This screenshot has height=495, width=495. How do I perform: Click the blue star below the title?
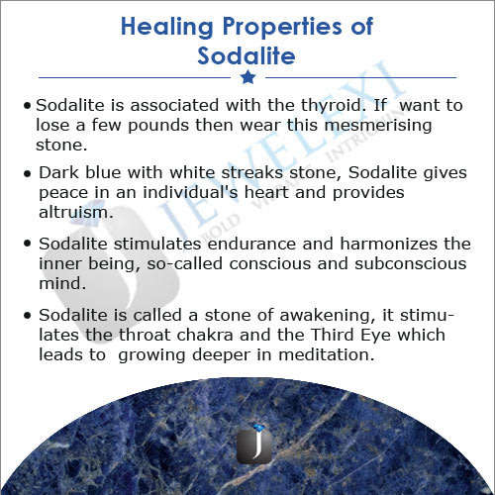click(247, 76)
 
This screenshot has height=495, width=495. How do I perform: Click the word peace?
click(61, 192)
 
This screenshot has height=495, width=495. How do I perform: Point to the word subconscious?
click(407, 262)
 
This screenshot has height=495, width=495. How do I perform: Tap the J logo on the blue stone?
click(253, 445)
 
